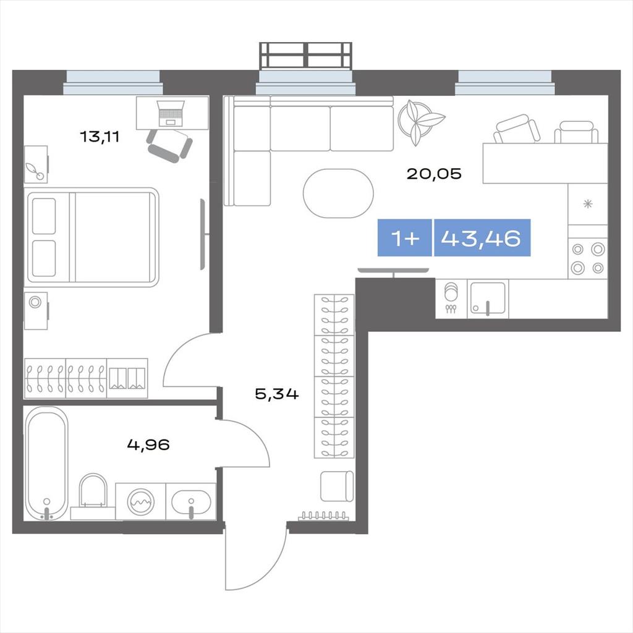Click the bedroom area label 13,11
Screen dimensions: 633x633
click(x=100, y=137)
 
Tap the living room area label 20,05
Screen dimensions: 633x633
click(x=433, y=174)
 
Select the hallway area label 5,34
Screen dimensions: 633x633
click(x=277, y=394)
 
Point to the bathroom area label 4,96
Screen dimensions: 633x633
click(x=148, y=445)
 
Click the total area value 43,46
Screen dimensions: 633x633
click(x=481, y=238)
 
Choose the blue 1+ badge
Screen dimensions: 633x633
click(x=405, y=238)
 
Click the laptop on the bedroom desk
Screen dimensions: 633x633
click(x=171, y=113)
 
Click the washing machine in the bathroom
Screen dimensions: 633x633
click(x=140, y=501)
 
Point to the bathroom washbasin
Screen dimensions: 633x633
click(x=190, y=502)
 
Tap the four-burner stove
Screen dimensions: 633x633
click(x=588, y=258)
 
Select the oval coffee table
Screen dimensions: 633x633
click(x=338, y=193)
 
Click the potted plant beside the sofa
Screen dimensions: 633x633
click(x=420, y=121)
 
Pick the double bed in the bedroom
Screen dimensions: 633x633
click(x=93, y=237)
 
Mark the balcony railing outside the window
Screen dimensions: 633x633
click(x=305, y=55)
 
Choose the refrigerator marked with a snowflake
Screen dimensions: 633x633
click(x=588, y=204)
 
